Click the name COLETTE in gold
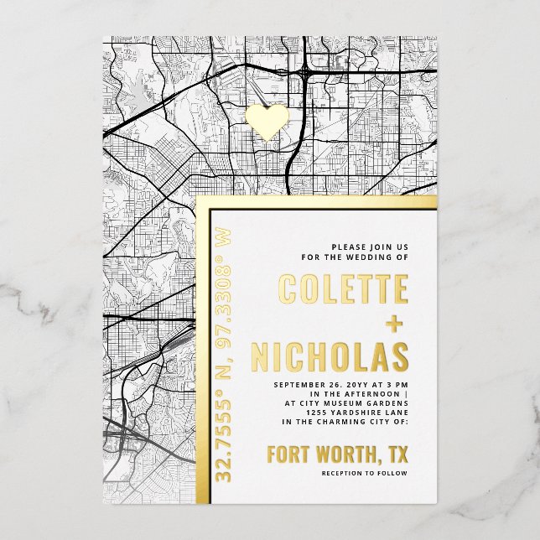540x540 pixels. (344, 290)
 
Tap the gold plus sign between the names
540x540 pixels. (393, 324)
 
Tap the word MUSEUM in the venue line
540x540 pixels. (346, 402)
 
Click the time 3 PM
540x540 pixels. (395, 384)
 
